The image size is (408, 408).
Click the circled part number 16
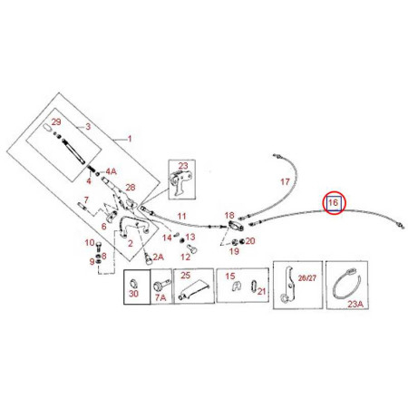tap(333, 202)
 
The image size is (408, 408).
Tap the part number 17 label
tap(285, 181)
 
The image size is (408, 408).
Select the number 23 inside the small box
tap(183, 166)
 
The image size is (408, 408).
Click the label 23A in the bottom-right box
tap(355, 304)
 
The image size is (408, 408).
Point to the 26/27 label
tap(306, 278)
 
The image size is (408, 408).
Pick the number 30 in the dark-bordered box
tap(133, 294)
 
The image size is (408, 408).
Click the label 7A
tap(160, 297)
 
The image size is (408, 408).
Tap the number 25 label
tap(186, 275)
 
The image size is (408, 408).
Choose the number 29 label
tap(56, 121)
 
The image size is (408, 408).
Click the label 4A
tap(111, 171)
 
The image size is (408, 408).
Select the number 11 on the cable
tap(181, 216)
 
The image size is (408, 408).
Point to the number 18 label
tap(229, 215)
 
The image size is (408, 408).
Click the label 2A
tap(158, 257)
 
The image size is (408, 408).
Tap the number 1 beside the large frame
tap(130, 139)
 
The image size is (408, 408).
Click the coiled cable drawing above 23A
tap(346, 284)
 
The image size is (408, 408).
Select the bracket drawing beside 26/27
tap(288, 284)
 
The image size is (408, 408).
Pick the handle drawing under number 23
tap(180, 182)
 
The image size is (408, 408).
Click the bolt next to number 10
tap(99, 247)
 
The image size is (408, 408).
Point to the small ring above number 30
tap(133, 284)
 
